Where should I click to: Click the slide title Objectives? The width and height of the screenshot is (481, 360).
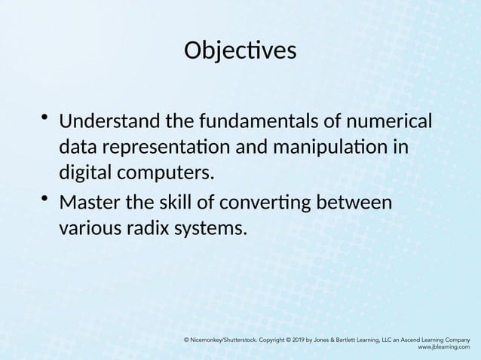coord(240,51)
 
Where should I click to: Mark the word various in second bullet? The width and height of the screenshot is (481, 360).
coord(87,228)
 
